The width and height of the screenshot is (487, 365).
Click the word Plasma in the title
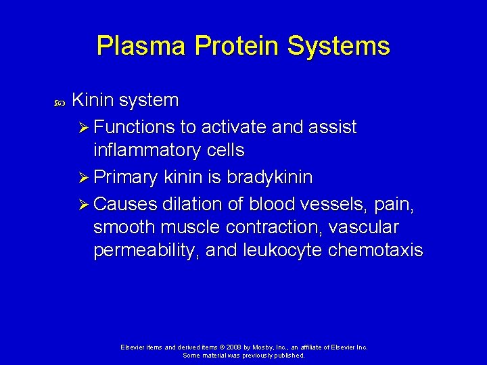tap(141, 46)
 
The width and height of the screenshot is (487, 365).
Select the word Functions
tap(135, 127)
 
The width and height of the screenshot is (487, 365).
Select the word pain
tap(395, 204)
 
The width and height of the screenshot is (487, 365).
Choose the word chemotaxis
tap(375, 251)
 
